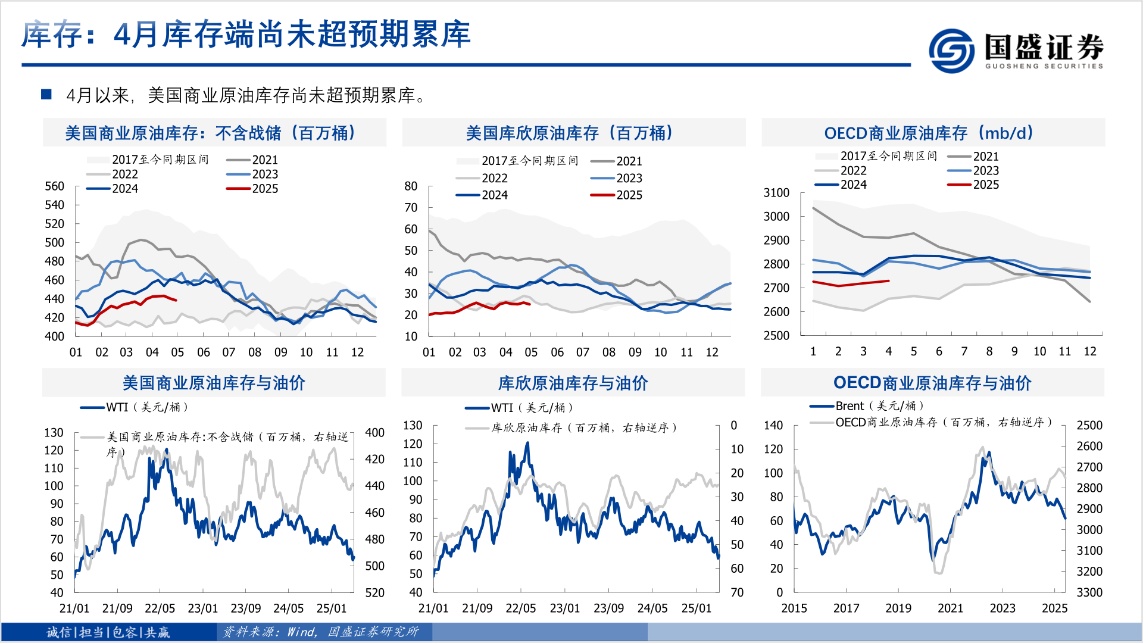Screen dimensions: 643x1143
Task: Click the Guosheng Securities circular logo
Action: [951, 51]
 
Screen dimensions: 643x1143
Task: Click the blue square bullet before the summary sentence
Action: [46, 94]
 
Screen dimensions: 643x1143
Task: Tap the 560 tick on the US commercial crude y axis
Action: [54, 186]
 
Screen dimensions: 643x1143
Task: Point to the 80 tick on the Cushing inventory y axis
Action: [411, 186]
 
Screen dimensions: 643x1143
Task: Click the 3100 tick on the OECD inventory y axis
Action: [776, 193]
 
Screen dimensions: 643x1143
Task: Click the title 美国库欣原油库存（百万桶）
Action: [570, 133]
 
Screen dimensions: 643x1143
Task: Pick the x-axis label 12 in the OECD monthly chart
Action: [1089, 351]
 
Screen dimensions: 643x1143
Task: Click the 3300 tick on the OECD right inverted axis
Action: [1089, 592]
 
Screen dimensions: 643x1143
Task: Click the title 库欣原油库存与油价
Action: [572, 383]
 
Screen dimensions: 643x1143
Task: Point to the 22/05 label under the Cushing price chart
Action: [520, 608]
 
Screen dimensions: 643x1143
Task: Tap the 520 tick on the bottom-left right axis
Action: [374, 592]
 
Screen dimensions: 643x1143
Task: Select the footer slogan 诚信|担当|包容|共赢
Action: [108, 632]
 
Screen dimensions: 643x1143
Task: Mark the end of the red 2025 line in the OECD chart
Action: [888, 281]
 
